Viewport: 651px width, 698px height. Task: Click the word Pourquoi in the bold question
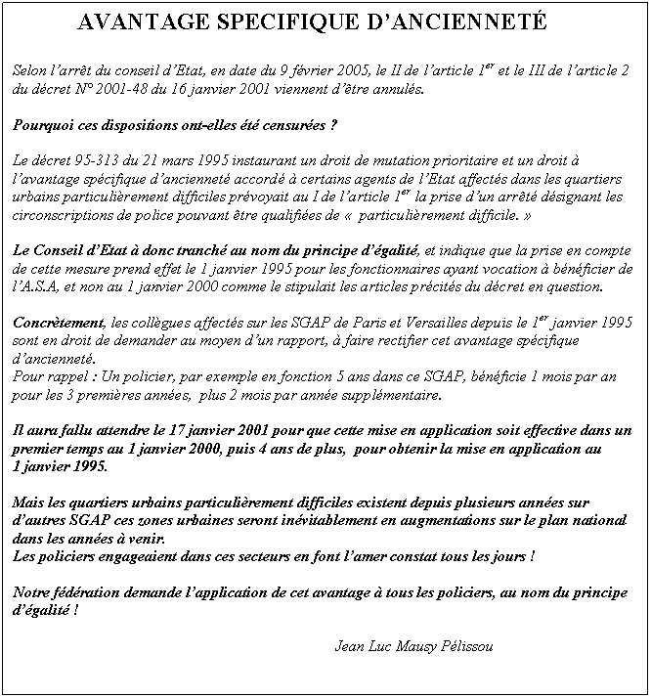coord(46,126)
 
